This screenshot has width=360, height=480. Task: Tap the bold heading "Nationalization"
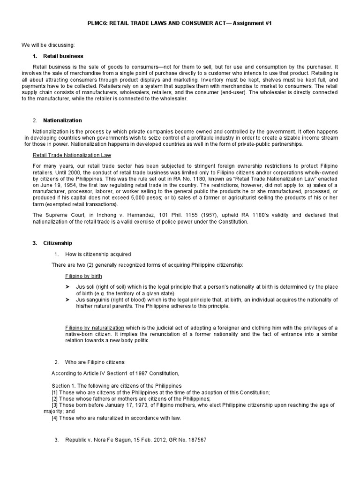[x=62, y=120]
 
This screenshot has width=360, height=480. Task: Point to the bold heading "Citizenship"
[x=58, y=243]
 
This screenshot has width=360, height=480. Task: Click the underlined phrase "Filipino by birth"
[x=83, y=276]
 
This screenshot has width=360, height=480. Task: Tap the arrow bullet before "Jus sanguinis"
[x=67, y=300]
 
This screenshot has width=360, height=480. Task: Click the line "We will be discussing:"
[x=48, y=45]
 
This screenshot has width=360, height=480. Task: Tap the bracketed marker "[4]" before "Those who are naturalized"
[x=55, y=418]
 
